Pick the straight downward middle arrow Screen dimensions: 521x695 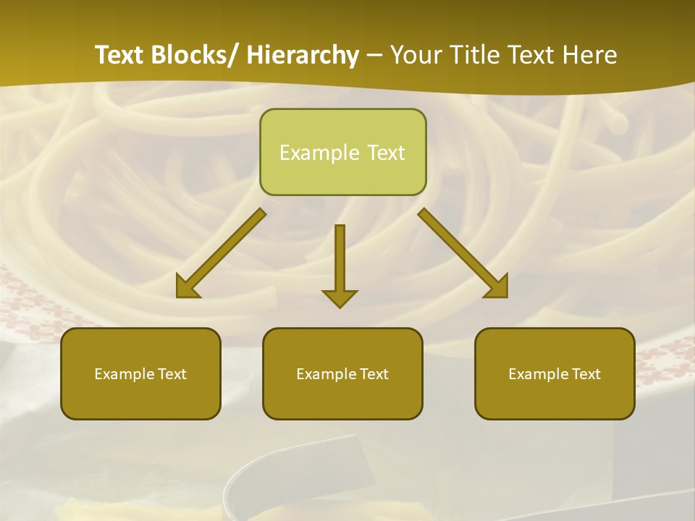340,260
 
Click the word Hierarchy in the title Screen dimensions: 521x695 303,55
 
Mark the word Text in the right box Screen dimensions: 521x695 586,374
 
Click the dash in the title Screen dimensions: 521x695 374,55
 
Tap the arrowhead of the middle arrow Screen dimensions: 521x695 340,298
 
